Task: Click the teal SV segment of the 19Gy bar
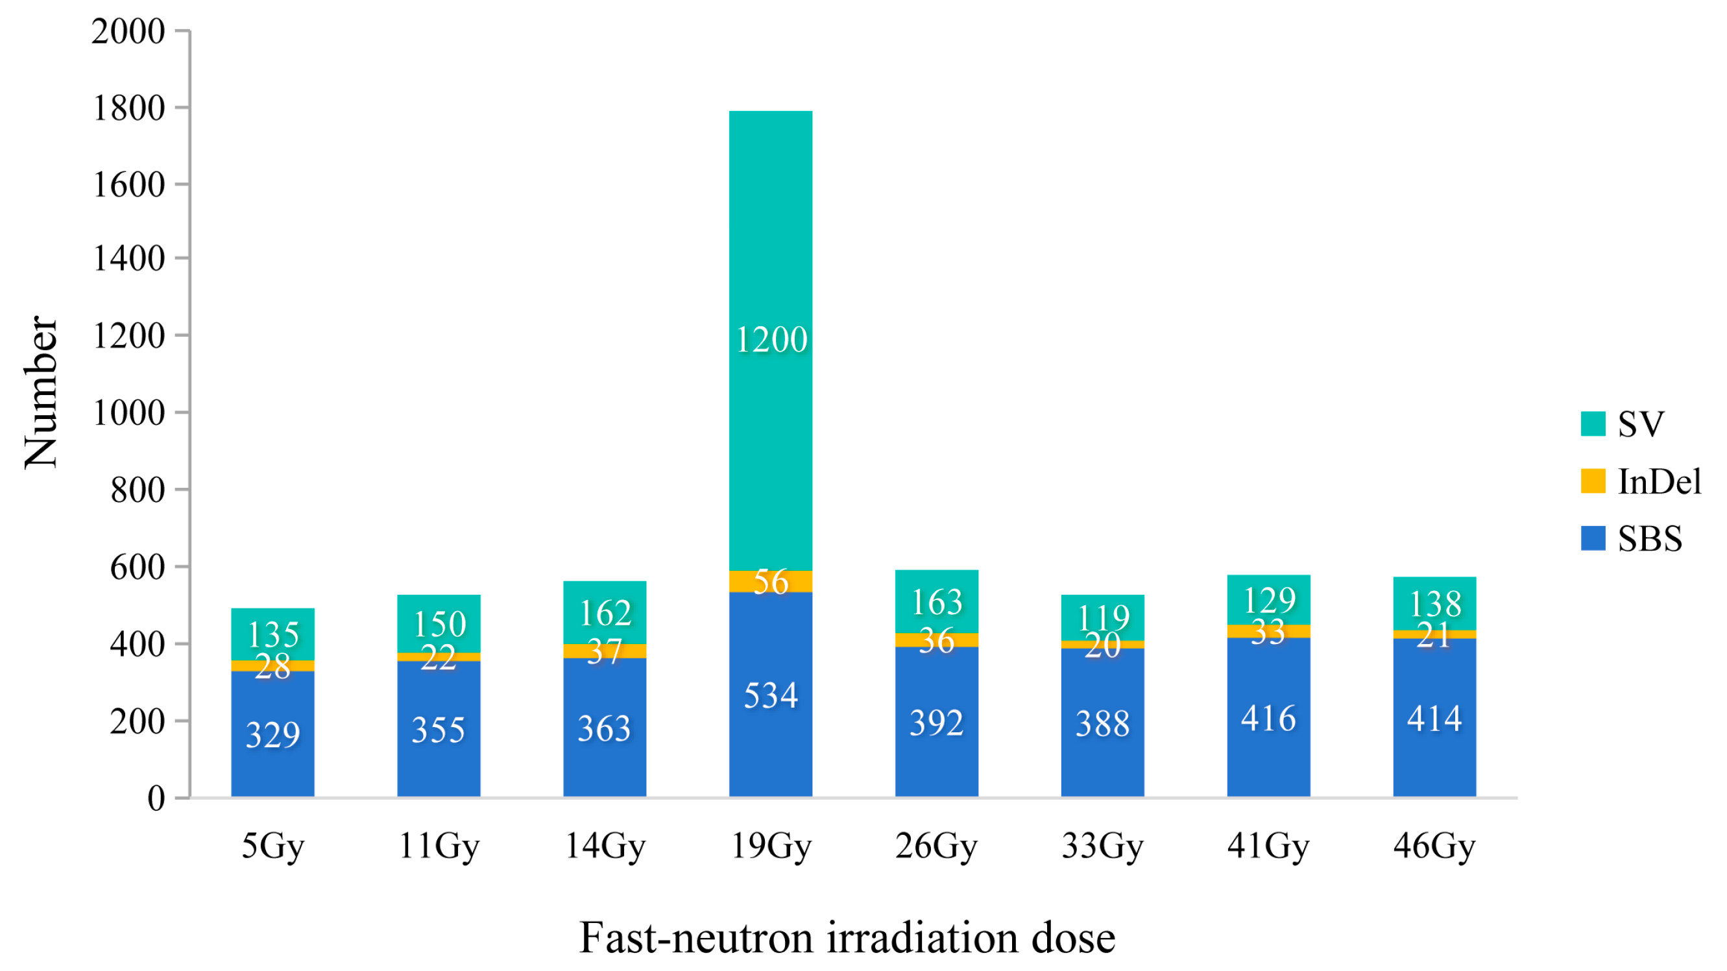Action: (770, 268)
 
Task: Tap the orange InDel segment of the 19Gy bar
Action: (770, 581)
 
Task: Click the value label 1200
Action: (771, 340)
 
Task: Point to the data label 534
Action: (770, 695)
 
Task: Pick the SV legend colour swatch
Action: (1592, 424)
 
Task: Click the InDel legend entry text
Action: (1659, 481)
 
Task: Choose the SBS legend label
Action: (1649, 539)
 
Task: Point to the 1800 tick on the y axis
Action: (128, 108)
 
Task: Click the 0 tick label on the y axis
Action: (156, 798)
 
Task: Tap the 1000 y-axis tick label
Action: (128, 413)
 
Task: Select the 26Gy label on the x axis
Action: (936, 846)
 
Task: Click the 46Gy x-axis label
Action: (1434, 846)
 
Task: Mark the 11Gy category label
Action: (439, 846)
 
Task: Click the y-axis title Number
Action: (40, 392)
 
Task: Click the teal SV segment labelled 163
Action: (936, 601)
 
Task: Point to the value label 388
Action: (1102, 724)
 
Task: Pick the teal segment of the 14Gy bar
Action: (604, 612)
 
